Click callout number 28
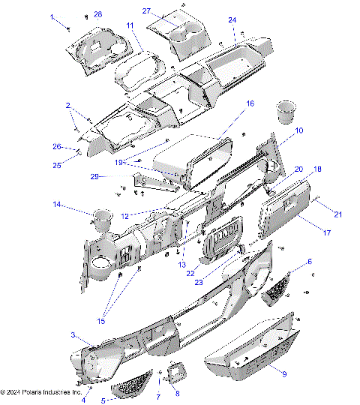tap(98, 15)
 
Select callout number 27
tap(147, 10)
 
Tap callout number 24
tap(232, 19)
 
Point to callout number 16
tap(250, 103)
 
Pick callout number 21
tap(337, 214)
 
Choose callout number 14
tap(56, 204)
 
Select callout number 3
tap(73, 334)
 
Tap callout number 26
tap(55, 146)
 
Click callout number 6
tap(310, 262)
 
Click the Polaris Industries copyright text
tap(42, 391)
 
